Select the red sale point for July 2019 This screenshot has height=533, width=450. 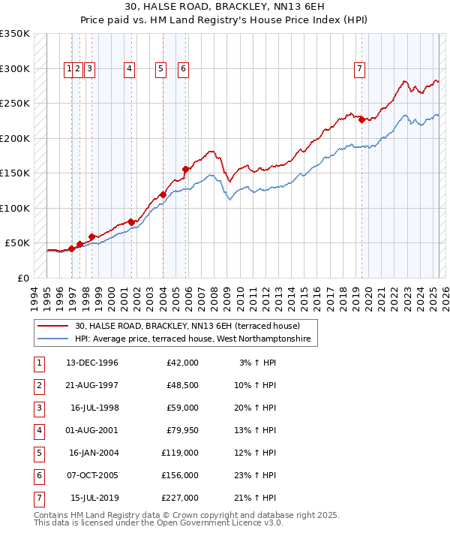coord(361,119)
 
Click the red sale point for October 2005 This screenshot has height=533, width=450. coord(185,169)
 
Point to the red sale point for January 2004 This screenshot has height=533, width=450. coord(163,195)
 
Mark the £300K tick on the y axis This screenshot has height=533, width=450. coord(15,68)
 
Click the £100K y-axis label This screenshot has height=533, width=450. coord(15,208)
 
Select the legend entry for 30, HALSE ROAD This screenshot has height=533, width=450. coord(187,326)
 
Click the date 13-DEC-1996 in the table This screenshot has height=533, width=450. coord(92,363)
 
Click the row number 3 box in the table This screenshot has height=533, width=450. coord(37,408)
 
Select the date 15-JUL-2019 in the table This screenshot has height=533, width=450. coord(94,498)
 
